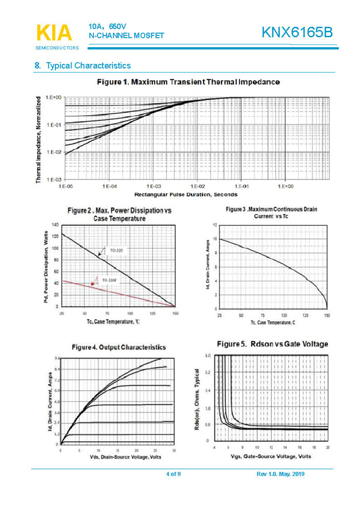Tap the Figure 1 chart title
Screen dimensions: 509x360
click(x=188, y=82)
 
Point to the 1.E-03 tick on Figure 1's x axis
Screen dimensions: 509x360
click(x=154, y=187)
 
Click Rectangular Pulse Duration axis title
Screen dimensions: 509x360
click(x=185, y=194)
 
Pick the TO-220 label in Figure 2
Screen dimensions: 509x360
click(x=116, y=251)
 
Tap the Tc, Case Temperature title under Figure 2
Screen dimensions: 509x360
click(x=113, y=321)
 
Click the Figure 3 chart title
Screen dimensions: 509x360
click(x=271, y=212)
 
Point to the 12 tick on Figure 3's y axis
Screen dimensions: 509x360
click(x=215, y=225)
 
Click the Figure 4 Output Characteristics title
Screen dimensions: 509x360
click(x=118, y=347)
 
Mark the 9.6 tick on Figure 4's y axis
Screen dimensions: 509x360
click(x=57, y=359)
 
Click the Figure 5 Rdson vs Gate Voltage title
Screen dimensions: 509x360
click(x=272, y=344)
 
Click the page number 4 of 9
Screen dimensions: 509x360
click(x=174, y=474)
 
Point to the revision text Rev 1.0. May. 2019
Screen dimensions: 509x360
click(x=281, y=474)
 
